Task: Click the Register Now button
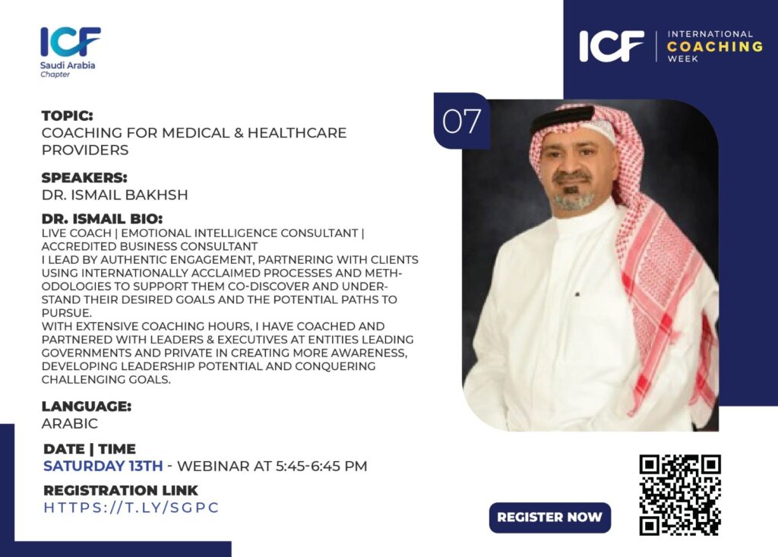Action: pyautogui.click(x=550, y=517)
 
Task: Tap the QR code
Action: pyautogui.click(x=680, y=495)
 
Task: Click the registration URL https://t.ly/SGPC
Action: pyautogui.click(x=131, y=508)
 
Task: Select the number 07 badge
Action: pyautogui.click(x=461, y=121)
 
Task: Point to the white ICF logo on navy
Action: pyautogui.click(x=612, y=46)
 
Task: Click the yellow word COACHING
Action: pyautogui.click(x=715, y=46)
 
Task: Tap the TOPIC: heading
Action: pyautogui.click(x=68, y=116)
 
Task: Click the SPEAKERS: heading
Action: pyautogui.click(x=84, y=178)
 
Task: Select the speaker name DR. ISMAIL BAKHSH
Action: pyautogui.click(x=115, y=195)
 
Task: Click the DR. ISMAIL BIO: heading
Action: pyautogui.click(x=103, y=219)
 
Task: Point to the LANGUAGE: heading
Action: pyautogui.click(x=87, y=406)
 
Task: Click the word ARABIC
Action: pyautogui.click(x=70, y=423)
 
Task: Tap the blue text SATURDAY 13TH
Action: pyautogui.click(x=103, y=466)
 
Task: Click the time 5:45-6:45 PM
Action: pyautogui.click(x=321, y=466)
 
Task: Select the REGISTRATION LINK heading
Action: pyautogui.click(x=121, y=490)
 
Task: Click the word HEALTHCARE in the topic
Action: pyautogui.click(x=297, y=133)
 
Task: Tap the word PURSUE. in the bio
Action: pyautogui.click(x=67, y=313)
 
